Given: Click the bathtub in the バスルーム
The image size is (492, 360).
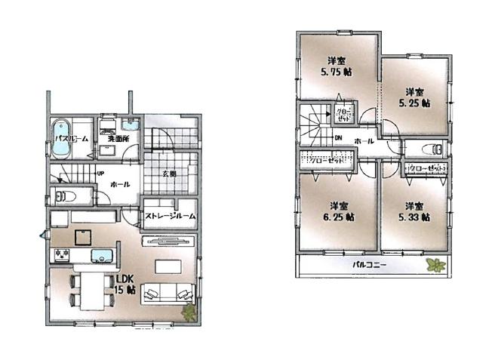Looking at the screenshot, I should [60, 137].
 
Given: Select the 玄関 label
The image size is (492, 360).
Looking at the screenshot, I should [168, 174].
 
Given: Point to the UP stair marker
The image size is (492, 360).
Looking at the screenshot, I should [100, 174].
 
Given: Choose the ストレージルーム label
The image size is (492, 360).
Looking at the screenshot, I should [171, 217].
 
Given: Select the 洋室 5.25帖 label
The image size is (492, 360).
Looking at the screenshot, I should [415, 96].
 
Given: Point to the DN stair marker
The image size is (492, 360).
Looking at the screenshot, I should [337, 137].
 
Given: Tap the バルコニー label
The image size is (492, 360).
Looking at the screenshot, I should [369, 265].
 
